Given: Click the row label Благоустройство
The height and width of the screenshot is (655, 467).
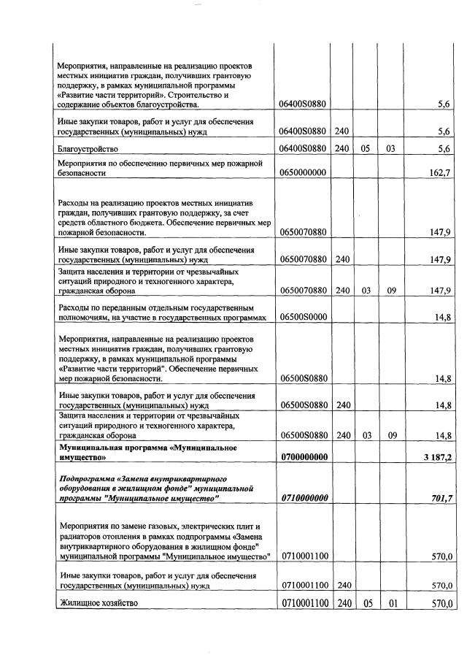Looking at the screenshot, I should click(x=88, y=149).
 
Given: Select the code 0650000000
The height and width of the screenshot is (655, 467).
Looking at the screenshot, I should click(x=302, y=173).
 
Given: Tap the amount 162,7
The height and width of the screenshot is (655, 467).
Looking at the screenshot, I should click(x=441, y=173).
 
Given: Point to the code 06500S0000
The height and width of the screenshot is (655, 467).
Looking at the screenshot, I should click(x=302, y=318).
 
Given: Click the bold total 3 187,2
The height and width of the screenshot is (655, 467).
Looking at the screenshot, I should click(x=437, y=457).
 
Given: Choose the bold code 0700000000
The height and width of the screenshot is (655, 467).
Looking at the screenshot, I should click(x=302, y=457).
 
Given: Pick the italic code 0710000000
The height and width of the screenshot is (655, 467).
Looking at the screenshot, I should click(x=302, y=497).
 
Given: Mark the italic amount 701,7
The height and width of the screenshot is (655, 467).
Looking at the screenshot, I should click(x=441, y=497).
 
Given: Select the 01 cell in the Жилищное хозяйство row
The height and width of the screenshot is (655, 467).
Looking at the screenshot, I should click(x=391, y=603).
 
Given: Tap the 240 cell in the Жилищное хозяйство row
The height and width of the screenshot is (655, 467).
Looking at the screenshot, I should click(x=341, y=603).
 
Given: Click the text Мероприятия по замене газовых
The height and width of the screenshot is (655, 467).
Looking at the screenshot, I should click(x=117, y=526).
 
